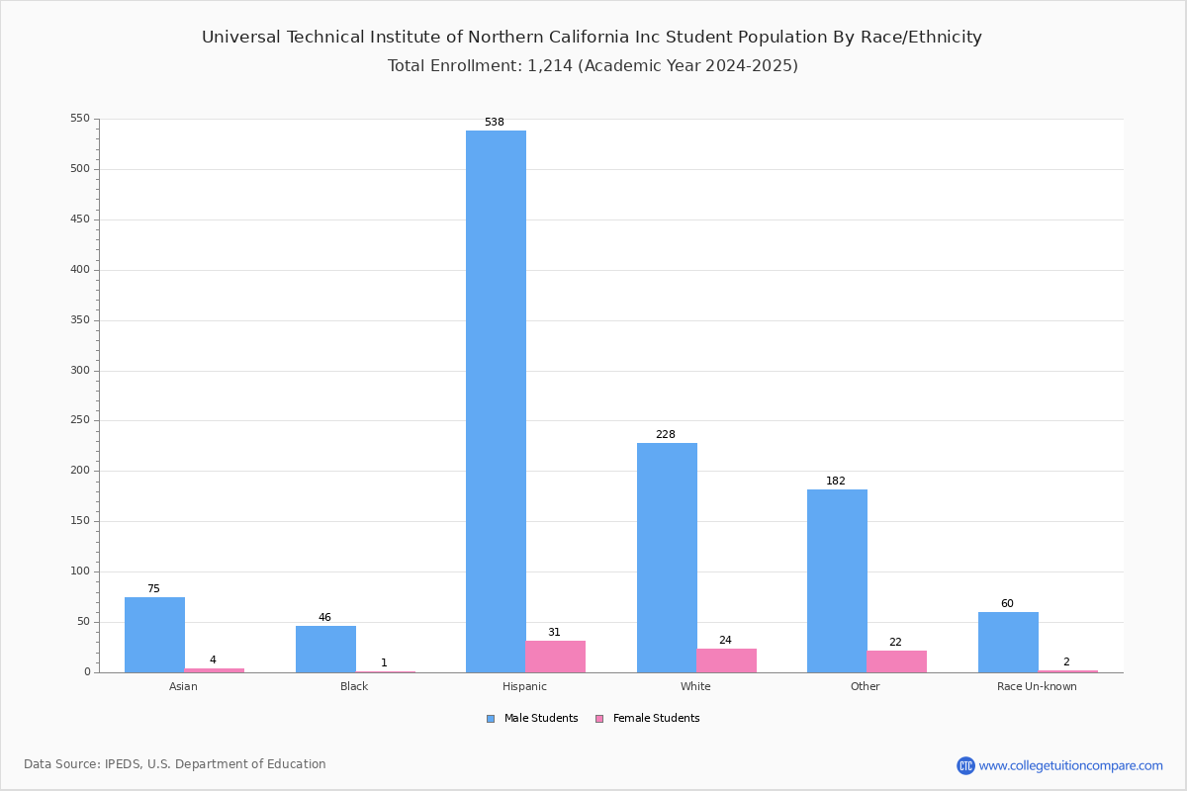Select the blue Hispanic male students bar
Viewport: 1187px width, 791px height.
click(496, 401)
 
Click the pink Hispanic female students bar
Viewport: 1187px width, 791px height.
click(555, 657)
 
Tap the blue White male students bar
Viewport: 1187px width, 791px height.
click(667, 558)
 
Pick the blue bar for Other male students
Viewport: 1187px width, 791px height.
click(837, 581)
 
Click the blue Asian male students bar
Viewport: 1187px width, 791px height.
click(154, 635)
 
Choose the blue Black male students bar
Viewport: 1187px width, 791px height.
click(325, 650)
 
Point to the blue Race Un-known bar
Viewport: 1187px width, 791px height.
click(1008, 643)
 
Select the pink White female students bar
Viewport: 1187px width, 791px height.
click(726, 660)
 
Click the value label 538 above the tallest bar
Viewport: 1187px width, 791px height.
click(495, 122)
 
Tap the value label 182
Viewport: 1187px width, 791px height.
click(836, 481)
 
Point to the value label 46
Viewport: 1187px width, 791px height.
click(324, 617)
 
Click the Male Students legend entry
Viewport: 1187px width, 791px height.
click(532, 718)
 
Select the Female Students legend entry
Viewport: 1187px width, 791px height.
click(648, 718)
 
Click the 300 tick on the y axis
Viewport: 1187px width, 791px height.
click(80, 371)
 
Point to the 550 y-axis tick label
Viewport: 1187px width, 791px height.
click(80, 118)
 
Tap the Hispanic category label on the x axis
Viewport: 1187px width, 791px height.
click(524, 686)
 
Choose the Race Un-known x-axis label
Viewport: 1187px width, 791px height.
click(1037, 686)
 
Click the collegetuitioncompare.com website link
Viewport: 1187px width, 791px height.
click(1071, 765)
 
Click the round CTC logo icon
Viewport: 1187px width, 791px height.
click(965, 765)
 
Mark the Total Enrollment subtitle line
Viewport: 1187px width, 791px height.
click(593, 65)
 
